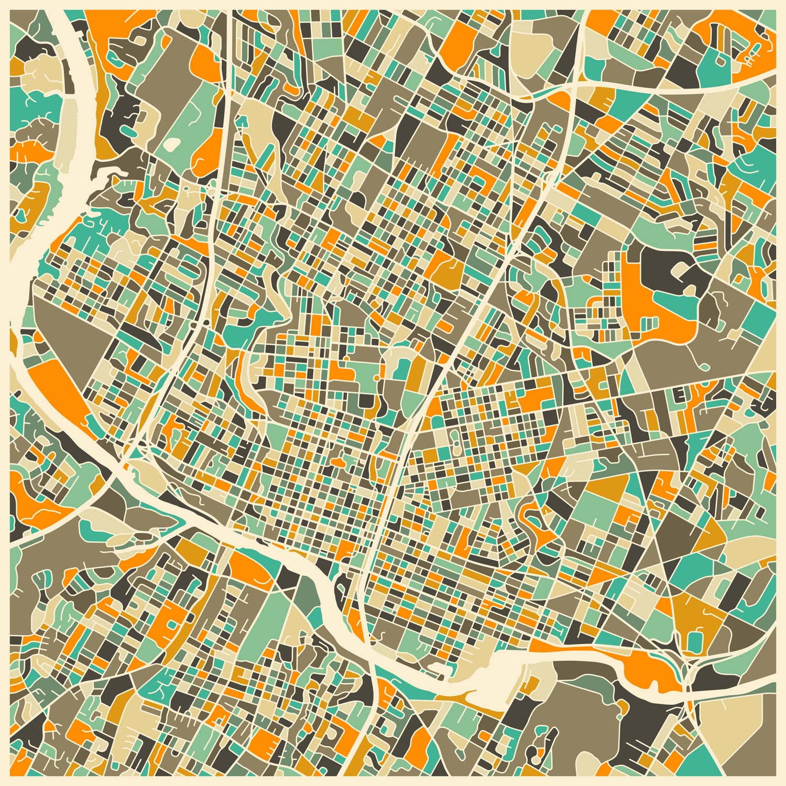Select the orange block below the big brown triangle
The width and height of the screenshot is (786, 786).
[55, 388]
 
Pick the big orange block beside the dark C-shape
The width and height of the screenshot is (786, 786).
[645, 299]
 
